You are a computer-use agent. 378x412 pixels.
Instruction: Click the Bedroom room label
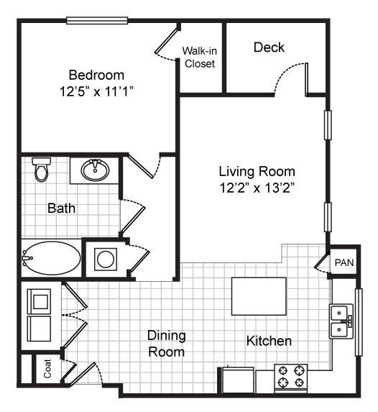[x=96, y=75]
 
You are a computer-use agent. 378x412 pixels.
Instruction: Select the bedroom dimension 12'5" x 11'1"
[x=96, y=91]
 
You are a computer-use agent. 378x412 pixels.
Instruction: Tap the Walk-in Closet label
[x=200, y=57]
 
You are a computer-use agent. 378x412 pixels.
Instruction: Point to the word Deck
[x=269, y=47]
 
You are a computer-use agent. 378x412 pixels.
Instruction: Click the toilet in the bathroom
[x=41, y=170]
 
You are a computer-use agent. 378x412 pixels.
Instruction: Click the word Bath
[x=62, y=209]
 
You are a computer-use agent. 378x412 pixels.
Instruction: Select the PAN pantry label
[x=344, y=263]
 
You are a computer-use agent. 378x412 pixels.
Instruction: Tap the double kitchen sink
[x=341, y=321]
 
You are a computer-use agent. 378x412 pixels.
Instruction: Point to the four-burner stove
[x=290, y=377]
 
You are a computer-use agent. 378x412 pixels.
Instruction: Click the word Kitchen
[x=269, y=340]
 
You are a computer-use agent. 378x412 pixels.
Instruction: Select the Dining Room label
[x=166, y=344]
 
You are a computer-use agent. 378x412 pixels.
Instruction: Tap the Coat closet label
[x=47, y=370]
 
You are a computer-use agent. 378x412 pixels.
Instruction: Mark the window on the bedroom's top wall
[x=98, y=20]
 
